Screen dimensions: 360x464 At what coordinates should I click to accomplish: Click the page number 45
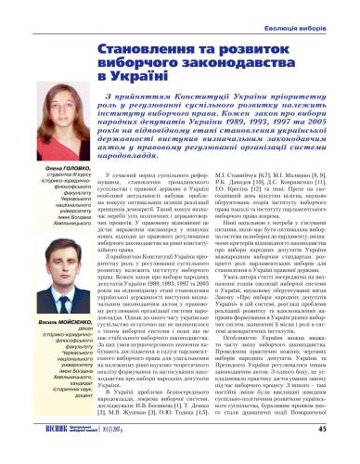347,455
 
